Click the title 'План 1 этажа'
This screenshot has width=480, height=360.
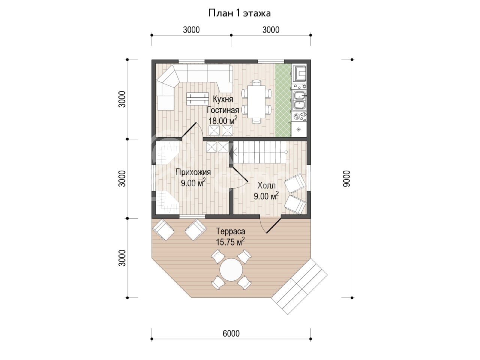pos(239,13)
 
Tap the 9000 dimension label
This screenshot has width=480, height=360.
pos(346,179)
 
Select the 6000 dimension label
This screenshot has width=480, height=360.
pos(231,333)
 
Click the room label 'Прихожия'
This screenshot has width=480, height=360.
pos(193,172)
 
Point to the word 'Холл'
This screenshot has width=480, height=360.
pos(266,186)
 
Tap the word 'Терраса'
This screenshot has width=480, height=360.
pos(231,231)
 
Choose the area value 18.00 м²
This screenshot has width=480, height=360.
pos(223,120)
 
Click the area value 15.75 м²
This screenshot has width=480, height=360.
pos(230,242)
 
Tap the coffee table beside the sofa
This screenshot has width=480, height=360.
pos(198,99)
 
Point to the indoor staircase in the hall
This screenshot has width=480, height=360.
pos(259,152)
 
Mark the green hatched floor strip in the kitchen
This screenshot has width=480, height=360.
pos(283,100)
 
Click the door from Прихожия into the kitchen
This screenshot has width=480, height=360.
pos(192,131)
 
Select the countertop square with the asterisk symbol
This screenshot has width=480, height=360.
pos(299,130)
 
